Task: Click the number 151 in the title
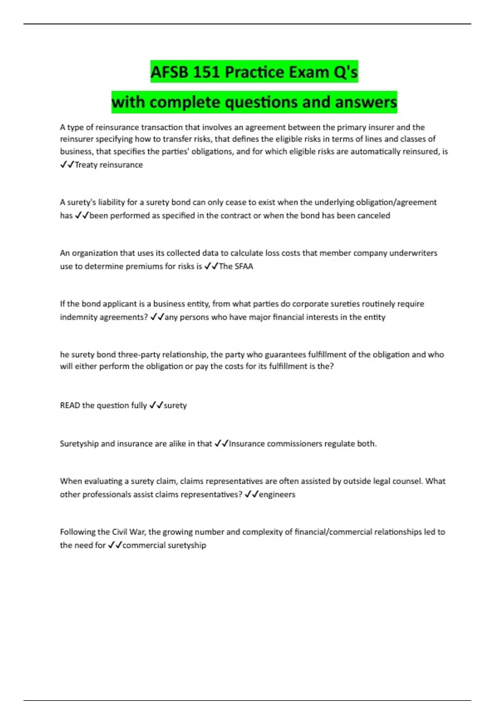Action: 206,72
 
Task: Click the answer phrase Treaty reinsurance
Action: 109,165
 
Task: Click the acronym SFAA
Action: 244,266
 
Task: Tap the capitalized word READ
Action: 70,405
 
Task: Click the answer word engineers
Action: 277,494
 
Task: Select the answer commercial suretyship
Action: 164,545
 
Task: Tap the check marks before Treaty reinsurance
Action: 67,165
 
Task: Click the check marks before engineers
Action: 251,494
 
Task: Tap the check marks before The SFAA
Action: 211,266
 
